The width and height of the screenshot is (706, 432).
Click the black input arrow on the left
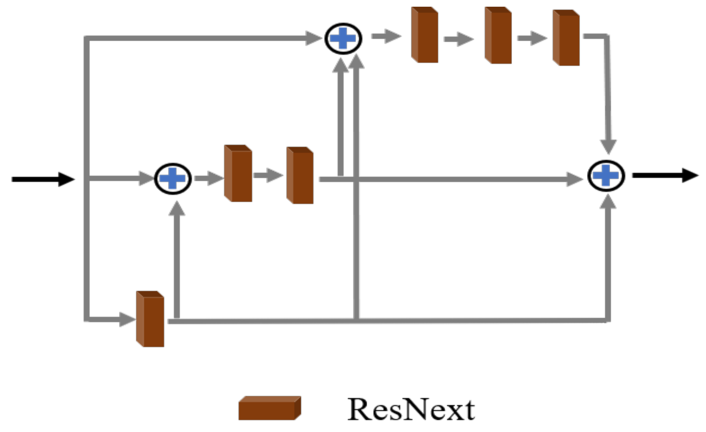click(x=43, y=179)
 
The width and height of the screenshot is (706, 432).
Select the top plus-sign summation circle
click(x=343, y=38)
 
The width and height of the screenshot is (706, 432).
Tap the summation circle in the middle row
click(x=173, y=179)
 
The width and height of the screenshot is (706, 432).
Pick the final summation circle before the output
click(x=606, y=176)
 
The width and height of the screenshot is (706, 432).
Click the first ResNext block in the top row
click(x=425, y=35)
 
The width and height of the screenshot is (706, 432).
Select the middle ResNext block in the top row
click(x=498, y=36)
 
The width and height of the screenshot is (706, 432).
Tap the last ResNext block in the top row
click(x=566, y=38)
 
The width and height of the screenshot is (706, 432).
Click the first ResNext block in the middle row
click(x=238, y=174)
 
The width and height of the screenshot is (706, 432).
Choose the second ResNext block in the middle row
click(x=300, y=176)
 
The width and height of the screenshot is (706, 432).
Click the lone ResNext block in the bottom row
click(x=150, y=319)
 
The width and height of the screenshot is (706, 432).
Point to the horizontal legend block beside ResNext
click(x=269, y=408)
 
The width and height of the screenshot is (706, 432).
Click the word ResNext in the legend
click(x=411, y=410)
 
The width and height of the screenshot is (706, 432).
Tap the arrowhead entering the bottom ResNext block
click(x=127, y=319)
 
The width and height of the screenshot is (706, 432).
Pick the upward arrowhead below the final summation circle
click(x=608, y=202)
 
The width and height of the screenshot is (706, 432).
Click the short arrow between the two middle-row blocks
click(x=268, y=175)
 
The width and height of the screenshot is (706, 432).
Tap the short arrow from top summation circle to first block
click(x=386, y=36)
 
